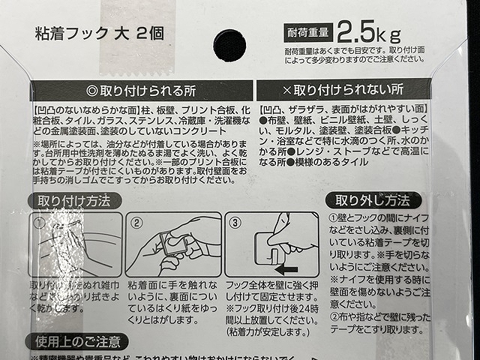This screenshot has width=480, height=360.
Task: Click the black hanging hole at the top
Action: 225,37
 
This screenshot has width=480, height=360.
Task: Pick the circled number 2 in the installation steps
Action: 137,222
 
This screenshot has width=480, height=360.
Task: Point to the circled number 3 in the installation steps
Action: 236,222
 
